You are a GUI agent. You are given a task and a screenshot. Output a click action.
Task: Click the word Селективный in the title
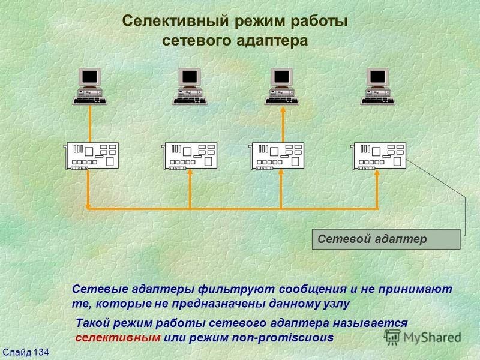coord(176,22)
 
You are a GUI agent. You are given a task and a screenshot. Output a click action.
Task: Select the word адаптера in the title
coord(272,41)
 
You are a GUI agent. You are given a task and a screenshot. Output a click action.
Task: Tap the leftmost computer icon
coord(89,86)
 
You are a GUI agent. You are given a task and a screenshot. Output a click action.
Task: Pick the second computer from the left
coord(190,86)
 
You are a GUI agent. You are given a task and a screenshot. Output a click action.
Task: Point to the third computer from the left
coord(282,86)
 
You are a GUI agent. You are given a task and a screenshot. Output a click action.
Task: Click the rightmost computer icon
coord(378,86)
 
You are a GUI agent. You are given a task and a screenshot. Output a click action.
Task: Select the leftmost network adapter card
coord(91,156)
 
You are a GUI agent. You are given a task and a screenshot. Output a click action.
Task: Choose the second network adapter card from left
coord(189,156)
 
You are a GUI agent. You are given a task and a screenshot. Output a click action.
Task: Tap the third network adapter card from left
coord(277,156)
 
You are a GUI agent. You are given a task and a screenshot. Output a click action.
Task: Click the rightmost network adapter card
coord(379,156)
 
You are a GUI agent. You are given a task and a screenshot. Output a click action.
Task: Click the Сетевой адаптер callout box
coord(386,239)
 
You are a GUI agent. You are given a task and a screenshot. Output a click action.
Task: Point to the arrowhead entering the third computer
coord(283,110)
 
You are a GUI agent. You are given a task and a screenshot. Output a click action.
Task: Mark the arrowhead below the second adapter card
coord(190,172)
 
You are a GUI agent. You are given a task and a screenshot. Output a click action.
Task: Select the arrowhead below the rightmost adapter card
coord(377,172)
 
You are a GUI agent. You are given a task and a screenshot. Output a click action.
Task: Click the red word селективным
coord(118,338)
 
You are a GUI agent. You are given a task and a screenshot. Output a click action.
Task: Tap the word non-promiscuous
coord(283,338)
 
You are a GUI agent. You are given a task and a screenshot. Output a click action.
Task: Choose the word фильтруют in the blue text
coord(236,289)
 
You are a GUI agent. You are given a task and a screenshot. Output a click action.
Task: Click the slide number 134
coord(41,352)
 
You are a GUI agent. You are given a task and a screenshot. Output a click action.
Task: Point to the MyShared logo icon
coord(392,337)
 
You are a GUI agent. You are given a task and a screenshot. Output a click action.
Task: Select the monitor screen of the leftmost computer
coord(89,76)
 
